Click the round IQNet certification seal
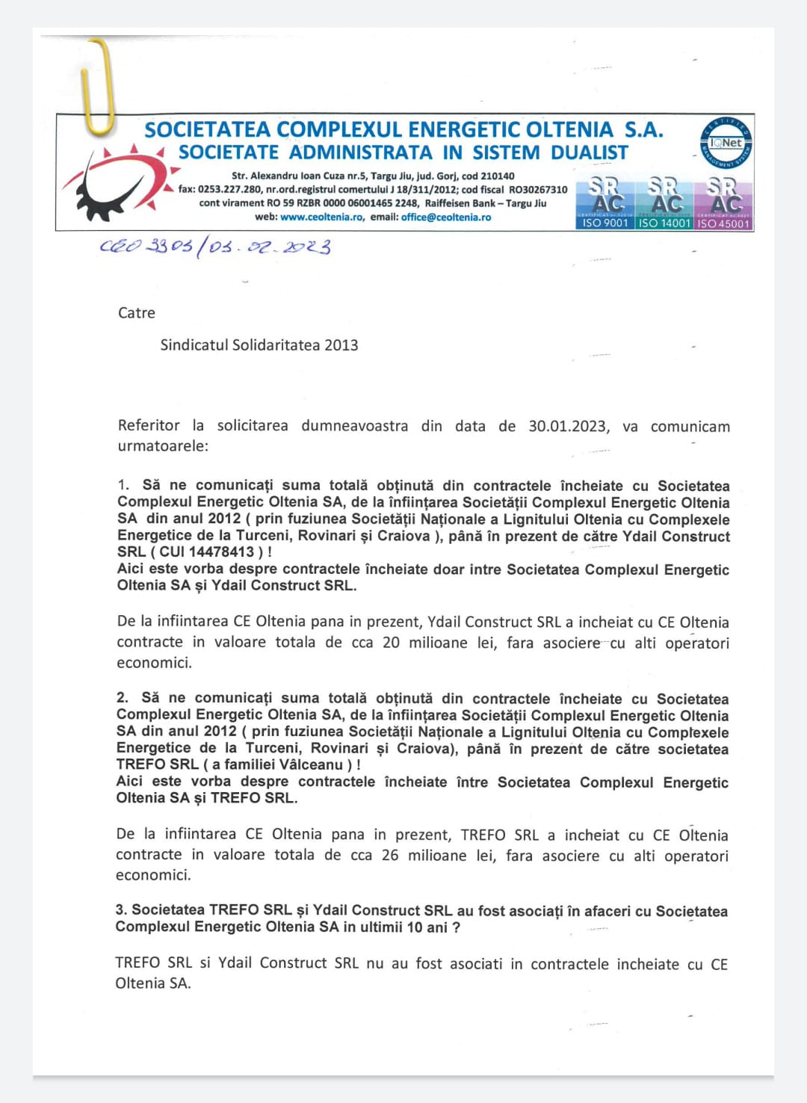pos(726,143)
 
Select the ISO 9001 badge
pos(605,203)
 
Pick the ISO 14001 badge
pos(664,203)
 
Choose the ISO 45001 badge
pos(723,203)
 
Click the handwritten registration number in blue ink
pos(215,247)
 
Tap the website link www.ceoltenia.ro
pos(321,217)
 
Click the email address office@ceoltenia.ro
pos(446,217)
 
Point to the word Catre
pos(137,313)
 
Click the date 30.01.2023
pos(568,426)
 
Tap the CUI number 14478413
pos(222,552)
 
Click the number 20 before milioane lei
pos(391,643)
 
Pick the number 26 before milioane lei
pos(390,855)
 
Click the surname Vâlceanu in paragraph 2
pos(312,765)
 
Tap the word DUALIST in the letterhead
pos(590,153)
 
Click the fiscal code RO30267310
pos(538,190)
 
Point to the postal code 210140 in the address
pos(496,176)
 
